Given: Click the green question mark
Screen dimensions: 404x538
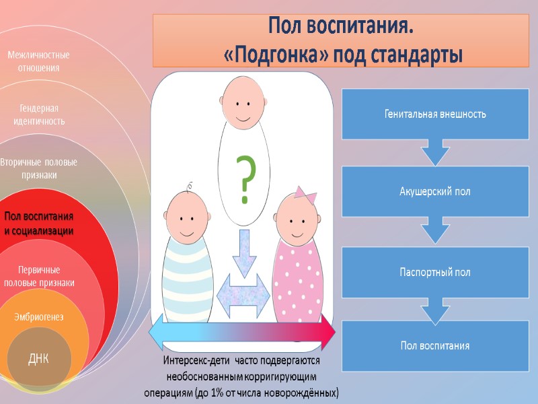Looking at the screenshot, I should [x=245, y=180].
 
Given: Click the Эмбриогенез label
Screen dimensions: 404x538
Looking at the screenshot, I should [x=39, y=316].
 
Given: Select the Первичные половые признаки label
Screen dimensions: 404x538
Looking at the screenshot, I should [x=39, y=276].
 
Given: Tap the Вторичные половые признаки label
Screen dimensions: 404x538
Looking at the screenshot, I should [x=38, y=168].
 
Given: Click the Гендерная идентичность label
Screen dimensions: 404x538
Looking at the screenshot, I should [x=39, y=114].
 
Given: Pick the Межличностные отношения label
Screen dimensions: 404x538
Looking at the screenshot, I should [x=39, y=61].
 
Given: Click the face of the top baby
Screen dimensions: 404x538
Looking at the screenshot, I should [x=244, y=105].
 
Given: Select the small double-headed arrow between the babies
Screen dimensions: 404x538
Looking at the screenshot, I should [x=244, y=296].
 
